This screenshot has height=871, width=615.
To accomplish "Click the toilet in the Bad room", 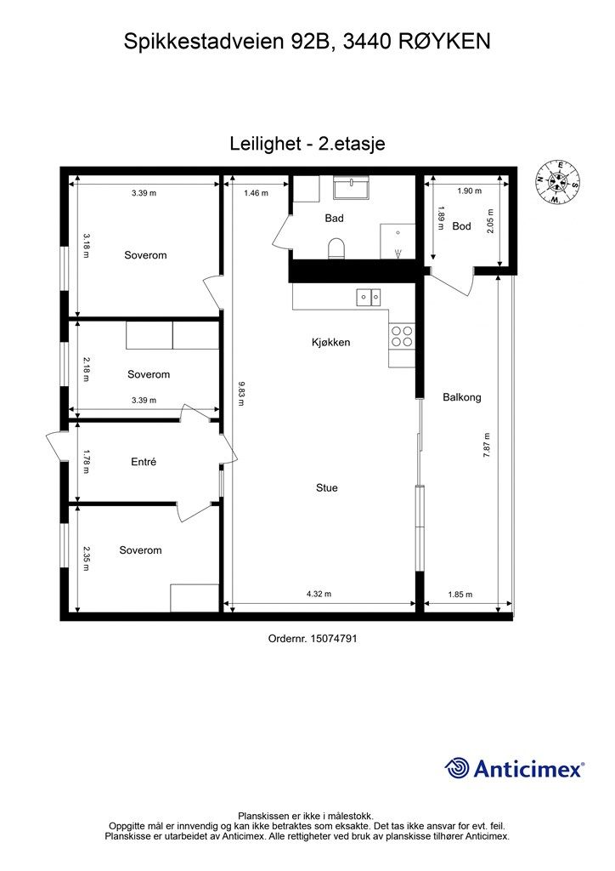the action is [x=336, y=248].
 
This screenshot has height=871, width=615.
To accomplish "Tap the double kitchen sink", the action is [x=368, y=297].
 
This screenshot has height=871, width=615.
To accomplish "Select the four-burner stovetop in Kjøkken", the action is [x=402, y=336].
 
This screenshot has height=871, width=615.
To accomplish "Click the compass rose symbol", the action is [x=557, y=182].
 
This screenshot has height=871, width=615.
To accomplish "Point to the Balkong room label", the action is [x=462, y=397].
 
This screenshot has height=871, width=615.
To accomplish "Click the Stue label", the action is [x=327, y=487].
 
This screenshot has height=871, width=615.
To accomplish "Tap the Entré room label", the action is [x=144, y=462].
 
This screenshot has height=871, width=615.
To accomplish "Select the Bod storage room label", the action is [x=461, y=226].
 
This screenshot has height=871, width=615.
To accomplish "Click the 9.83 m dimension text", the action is [x=240, y=393].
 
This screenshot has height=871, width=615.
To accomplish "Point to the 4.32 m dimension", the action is [x=319, y=594].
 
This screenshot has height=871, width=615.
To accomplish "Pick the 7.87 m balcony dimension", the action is [x=487, y=444].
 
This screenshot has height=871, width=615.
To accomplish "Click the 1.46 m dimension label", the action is [x=257, y=193].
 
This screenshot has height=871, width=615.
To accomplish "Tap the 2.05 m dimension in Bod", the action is [x=489, y=221].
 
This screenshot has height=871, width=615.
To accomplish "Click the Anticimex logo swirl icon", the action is [x=456, y=768].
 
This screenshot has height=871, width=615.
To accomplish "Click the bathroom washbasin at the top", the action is [x=351, y=187].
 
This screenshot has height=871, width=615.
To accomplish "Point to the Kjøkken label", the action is [x=331, y=342].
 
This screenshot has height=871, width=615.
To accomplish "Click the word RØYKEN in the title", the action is [x=448, y=42].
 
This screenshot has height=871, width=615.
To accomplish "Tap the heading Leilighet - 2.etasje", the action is [x=307, y=143].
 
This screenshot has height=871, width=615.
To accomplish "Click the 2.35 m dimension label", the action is [x=87, y=558].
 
